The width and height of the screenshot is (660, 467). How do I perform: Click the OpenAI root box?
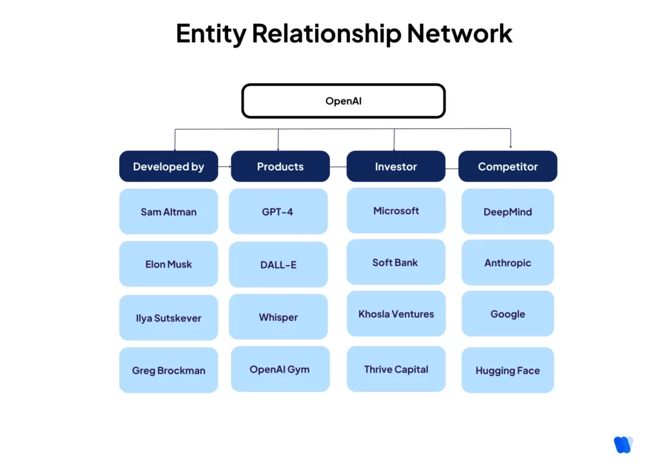(x=343, y=101)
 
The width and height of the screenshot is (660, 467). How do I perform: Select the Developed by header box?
(x=168, y=166)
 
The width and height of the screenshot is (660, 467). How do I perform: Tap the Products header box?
(x=280, y=166)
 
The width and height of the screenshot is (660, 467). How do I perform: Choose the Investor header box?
(x=396, y=166)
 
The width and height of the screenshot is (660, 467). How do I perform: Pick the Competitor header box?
(x=507, y=166)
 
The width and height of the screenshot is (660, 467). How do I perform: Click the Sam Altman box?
(x=168, y=212)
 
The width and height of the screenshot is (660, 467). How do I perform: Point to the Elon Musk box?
(x=168, y=264)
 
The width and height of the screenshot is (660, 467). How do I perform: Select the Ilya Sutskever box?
(x=168, y=318)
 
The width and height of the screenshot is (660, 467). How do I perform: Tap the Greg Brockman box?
(x=168, y=370)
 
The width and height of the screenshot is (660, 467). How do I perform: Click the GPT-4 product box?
(x=278, y=212)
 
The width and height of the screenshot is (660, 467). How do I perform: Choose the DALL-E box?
(x=278, y=264)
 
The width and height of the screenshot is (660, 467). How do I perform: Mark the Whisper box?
(x=278, y=317)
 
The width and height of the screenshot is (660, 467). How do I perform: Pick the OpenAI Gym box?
(x=280, y=369)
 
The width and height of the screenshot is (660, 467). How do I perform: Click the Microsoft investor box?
(x=396, y=210)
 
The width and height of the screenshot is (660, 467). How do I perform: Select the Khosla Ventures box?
(x=396, y=313)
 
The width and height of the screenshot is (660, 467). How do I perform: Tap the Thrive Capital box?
(x=396, y=369)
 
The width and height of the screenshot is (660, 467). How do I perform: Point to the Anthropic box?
(x=507, y=263)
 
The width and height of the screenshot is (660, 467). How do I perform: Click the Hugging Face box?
(x=507, y=370)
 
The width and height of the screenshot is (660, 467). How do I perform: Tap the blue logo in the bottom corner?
(x=623, y=444)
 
